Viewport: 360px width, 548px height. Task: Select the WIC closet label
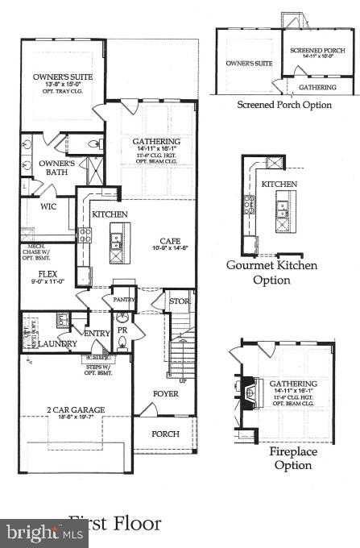[x=37, y=206]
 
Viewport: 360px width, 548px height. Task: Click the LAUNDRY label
[x=57, y=344]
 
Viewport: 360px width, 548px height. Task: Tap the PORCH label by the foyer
[x=166, y=434]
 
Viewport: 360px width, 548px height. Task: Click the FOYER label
[x=166, y=393]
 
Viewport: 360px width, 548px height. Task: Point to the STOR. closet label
[x=178, y=302]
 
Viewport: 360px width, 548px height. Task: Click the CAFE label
[x=169, y=240]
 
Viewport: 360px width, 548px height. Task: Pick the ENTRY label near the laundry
[x=94, y=333]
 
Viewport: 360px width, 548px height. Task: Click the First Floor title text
[x=114, y=524]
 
